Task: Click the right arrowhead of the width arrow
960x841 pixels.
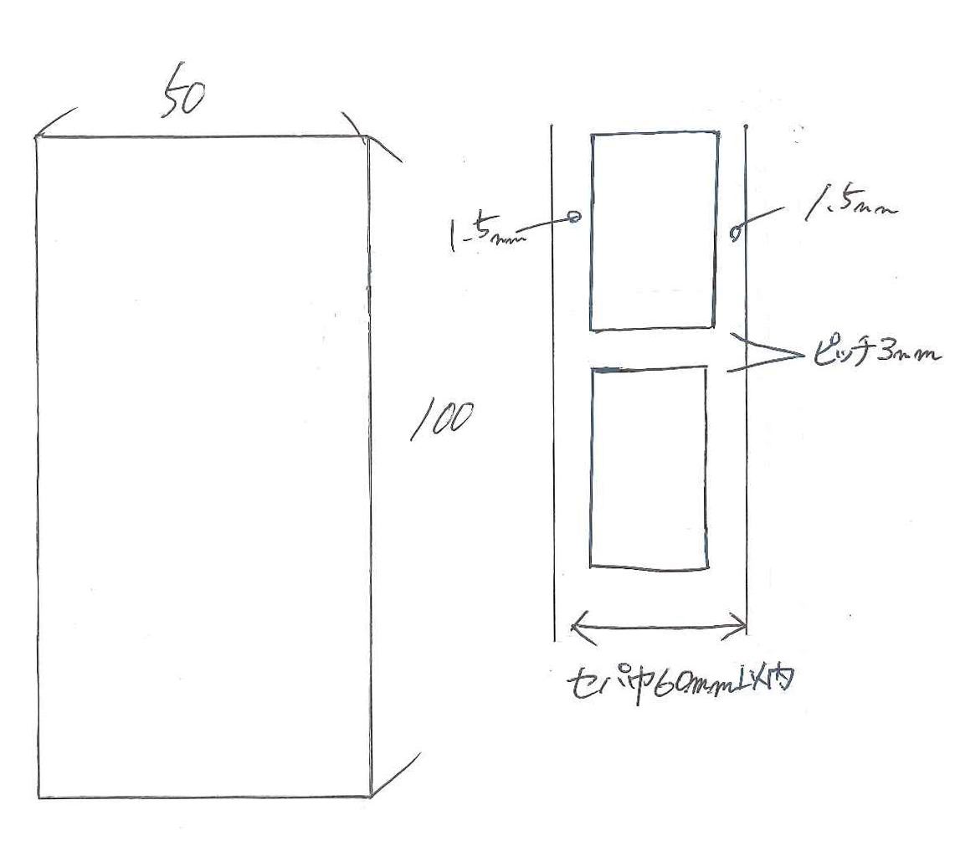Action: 743,623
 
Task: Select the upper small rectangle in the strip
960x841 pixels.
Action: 654,230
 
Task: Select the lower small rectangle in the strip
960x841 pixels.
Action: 649,469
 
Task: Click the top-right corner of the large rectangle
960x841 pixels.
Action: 369,139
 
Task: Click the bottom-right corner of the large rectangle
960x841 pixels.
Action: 371,796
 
